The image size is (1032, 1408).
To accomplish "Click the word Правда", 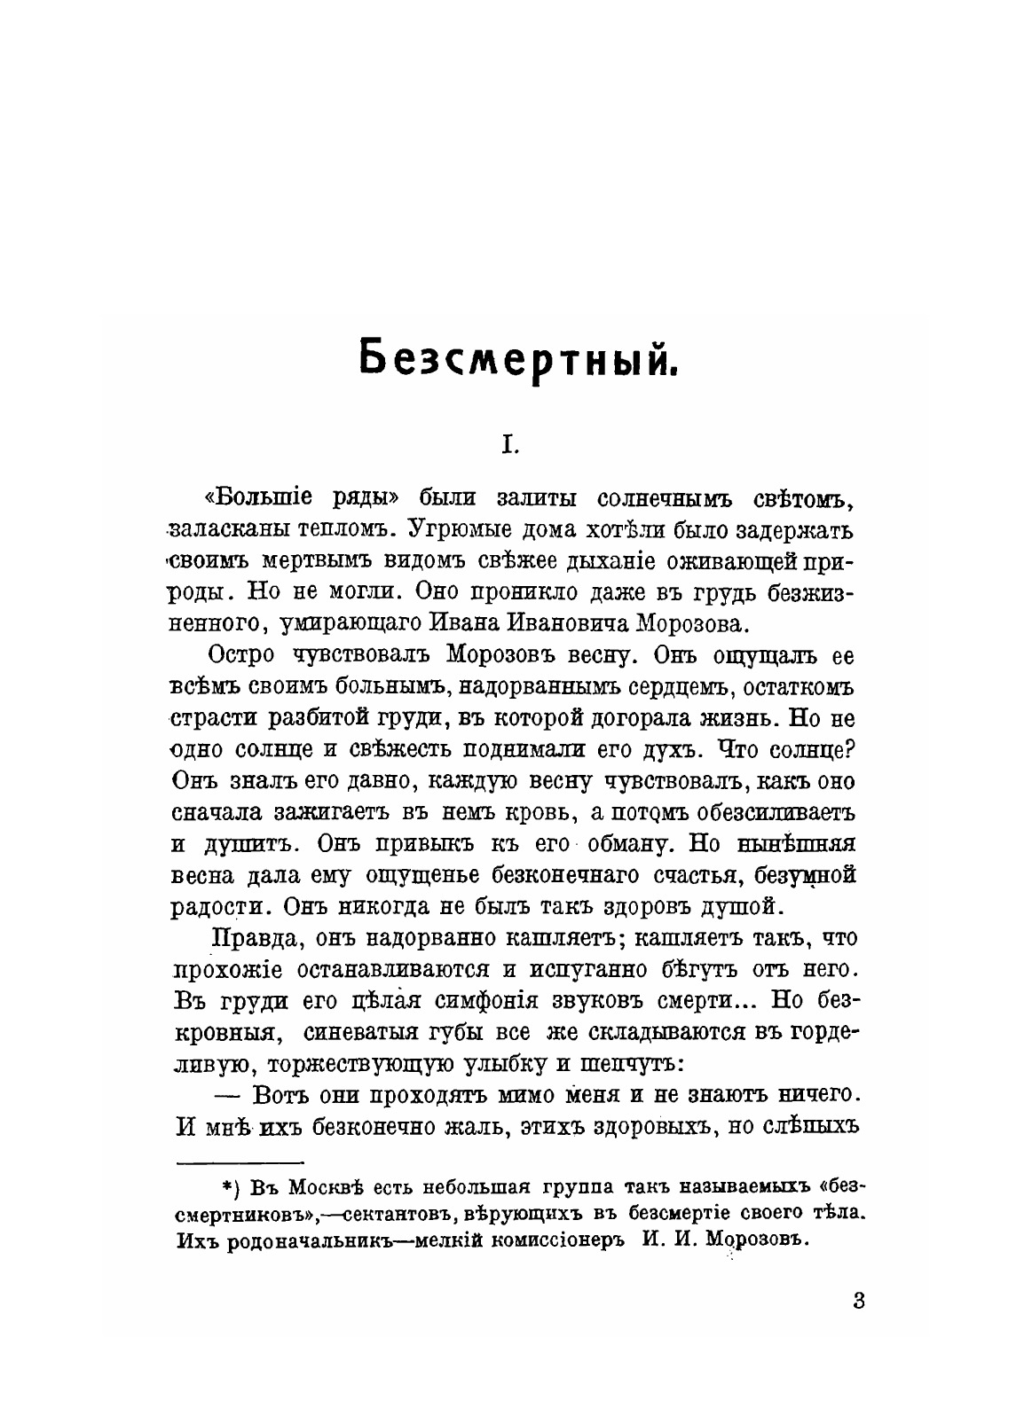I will pyautogui.click(x=252, y=937).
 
